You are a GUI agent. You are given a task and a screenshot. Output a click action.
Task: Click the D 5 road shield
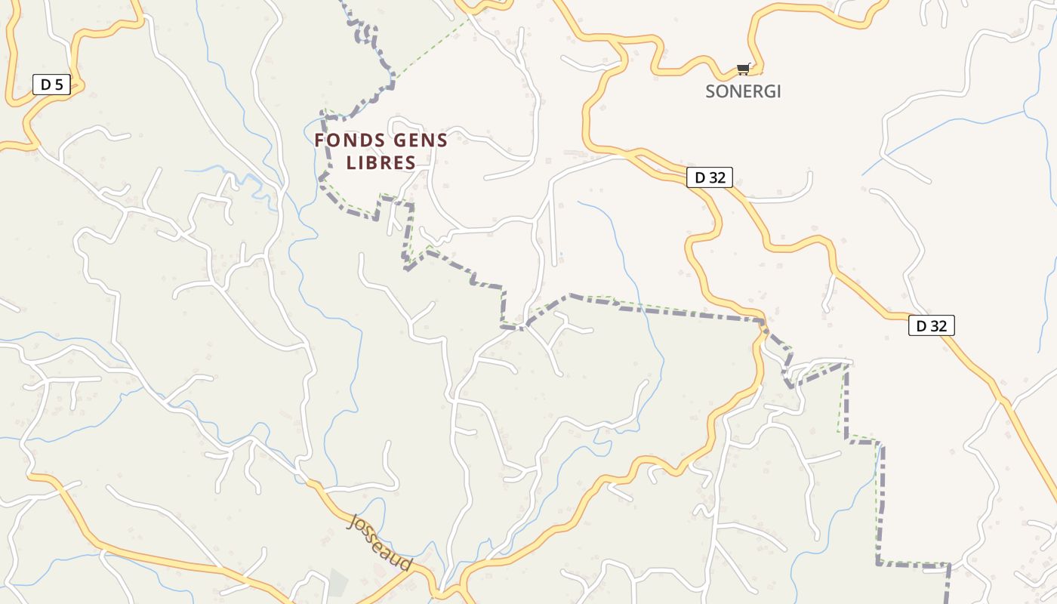[51, 85]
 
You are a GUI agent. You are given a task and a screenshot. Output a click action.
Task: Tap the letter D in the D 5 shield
[45, 85]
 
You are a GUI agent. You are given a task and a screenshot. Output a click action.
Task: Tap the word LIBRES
[381, 162]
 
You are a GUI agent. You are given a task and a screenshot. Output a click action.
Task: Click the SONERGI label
[743, 91]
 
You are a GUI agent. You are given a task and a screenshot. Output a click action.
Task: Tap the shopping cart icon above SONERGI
[744, 69]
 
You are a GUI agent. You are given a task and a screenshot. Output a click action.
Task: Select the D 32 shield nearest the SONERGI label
[709, 178]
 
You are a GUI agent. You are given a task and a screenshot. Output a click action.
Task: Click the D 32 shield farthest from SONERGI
[931, 326]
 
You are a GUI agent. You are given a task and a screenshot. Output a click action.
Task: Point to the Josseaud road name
[381, 542]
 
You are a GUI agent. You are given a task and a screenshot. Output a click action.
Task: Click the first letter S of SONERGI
[710, 91]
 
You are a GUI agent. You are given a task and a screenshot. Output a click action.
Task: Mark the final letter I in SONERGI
[778, 91]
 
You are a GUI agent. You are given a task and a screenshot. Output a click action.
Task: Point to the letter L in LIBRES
[350, 162]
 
